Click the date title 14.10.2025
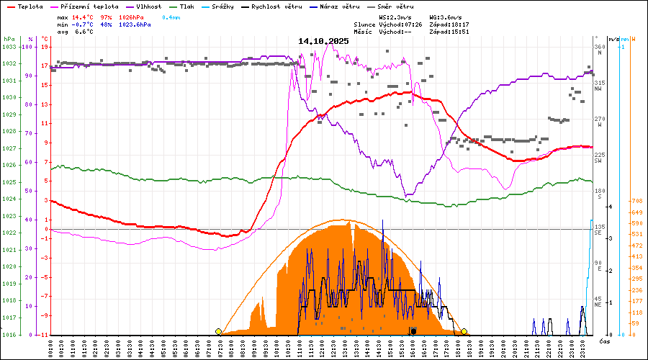tap(323, 41)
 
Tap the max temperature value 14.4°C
tap(83, 16)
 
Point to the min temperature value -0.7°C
tap(83, 24)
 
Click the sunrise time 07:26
tap(410, 24)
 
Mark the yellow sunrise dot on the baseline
tap(218, 331)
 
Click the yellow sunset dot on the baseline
tap(464, 331)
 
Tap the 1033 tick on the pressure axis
tap(9, 47)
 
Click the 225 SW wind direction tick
tap(598, 157)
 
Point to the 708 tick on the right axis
tap(636, 201)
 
